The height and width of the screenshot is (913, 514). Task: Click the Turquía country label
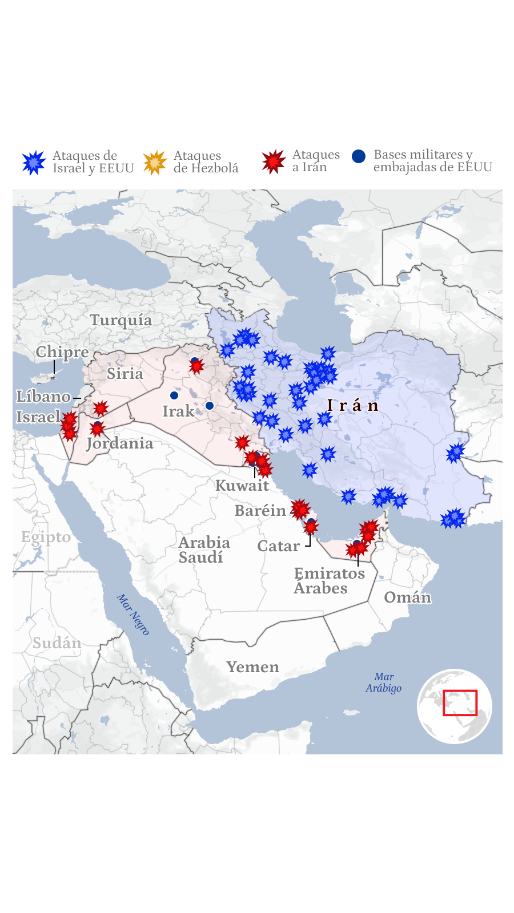click(121, 320)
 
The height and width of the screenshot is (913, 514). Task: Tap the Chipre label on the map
click(62, 352)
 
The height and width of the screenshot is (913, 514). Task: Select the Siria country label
click(125, 374)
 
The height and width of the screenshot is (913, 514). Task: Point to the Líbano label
click(43, 397)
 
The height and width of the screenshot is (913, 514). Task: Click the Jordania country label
click(120, 443)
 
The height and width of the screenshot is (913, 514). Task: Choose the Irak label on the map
click(178, 411)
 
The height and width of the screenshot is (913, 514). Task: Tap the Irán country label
click(353, 406)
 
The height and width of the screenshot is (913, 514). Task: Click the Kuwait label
click(242, 486)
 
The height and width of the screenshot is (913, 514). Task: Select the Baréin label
click(260, 511)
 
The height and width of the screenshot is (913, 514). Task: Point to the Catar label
click(278, 546)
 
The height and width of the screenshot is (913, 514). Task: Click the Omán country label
click(407, 597)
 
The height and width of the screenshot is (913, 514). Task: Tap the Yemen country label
click(252, 667)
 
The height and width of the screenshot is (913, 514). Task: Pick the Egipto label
click(46, 537)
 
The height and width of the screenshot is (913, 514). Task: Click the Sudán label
click(57, 643)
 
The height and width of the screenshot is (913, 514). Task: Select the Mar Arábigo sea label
click(384, 682)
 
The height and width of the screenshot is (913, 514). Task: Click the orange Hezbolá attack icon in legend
click(155, 163)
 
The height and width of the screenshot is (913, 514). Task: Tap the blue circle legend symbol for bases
click(359, 156)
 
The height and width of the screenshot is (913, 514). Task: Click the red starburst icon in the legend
click(274, 161)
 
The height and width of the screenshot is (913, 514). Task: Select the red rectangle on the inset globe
click(460, 702)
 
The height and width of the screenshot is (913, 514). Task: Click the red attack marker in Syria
click(101, 408)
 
